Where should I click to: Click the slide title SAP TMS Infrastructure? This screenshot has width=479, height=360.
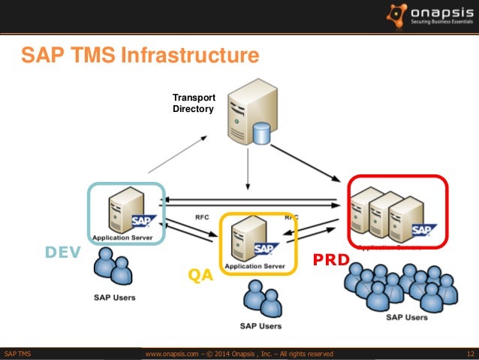coord(140,56)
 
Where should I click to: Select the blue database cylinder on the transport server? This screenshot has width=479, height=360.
coord(261,134)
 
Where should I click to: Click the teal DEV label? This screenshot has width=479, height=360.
coord(62,253)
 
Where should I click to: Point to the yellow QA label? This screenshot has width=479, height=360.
coord(200,276)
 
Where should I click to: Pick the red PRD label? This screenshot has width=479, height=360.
coord(331,260)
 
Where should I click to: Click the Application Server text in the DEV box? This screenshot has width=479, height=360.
coord(122,238)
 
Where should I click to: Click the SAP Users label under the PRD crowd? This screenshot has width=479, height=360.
coord(406,317)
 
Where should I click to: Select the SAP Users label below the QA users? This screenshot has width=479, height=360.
coord(261,326)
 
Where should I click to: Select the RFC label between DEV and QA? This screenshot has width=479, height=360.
coord(202,217)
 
